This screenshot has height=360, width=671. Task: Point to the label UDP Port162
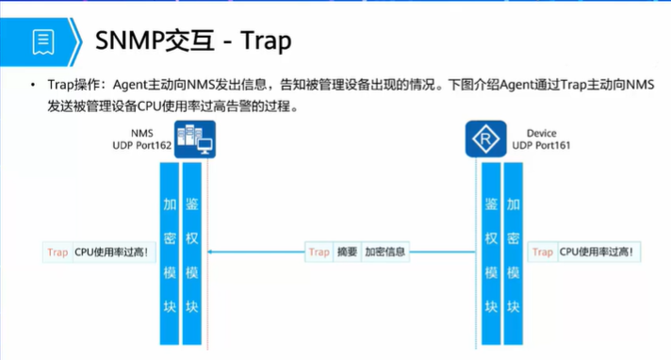[140, 146]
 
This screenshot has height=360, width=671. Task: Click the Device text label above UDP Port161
[542, 134]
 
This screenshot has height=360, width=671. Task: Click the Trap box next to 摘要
[319, 252]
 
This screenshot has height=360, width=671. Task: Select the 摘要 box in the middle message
[347, 252]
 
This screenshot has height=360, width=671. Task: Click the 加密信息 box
[385, 252]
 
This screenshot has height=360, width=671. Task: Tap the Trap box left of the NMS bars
[57, 252]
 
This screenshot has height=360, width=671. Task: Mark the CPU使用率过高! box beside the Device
[597, 252]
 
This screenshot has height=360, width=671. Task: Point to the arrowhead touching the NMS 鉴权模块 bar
[208, 252]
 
